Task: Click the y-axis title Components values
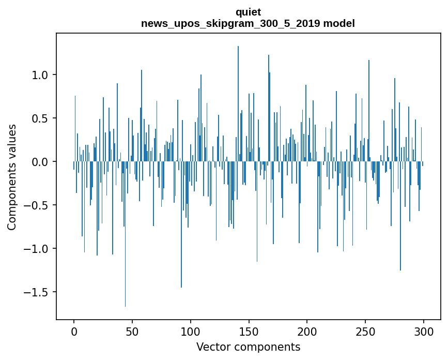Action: pyautogui.click(x=12, y=177)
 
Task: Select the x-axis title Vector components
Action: pyautogui.click(x=248, y=347)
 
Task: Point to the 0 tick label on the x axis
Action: pyautogui.click(x=74, y=331)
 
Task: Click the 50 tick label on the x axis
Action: pyautogui.click(x=132, y=331)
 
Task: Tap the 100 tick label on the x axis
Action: pyautogui.click(x=191, y=331)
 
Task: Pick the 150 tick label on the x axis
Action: pyautogui.click(x=249, y=331)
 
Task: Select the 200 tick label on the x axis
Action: pyautogui.click(x=307, y=331)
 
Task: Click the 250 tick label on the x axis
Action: pyautogui.click(x=365, y=331)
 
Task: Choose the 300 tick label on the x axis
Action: pyautogui.click(x=424, y=331)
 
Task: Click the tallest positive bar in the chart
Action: pyautogui.click(x=238, y=103)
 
